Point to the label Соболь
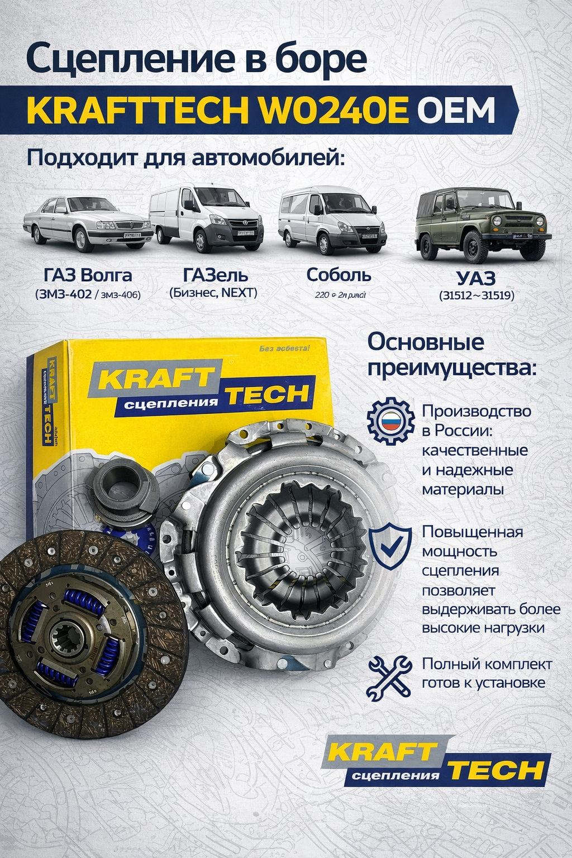click(x=339, y=275)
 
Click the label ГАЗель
click(x=215, y=275)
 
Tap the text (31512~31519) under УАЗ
click(x=476, y=295)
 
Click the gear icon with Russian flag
click(x=390, y=421)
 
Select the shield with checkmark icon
click(x=390, y=546)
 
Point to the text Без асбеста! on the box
click(x=284, y=349)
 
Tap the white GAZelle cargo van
click(x=206, y=218)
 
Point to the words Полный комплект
click(x=487, y=664)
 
